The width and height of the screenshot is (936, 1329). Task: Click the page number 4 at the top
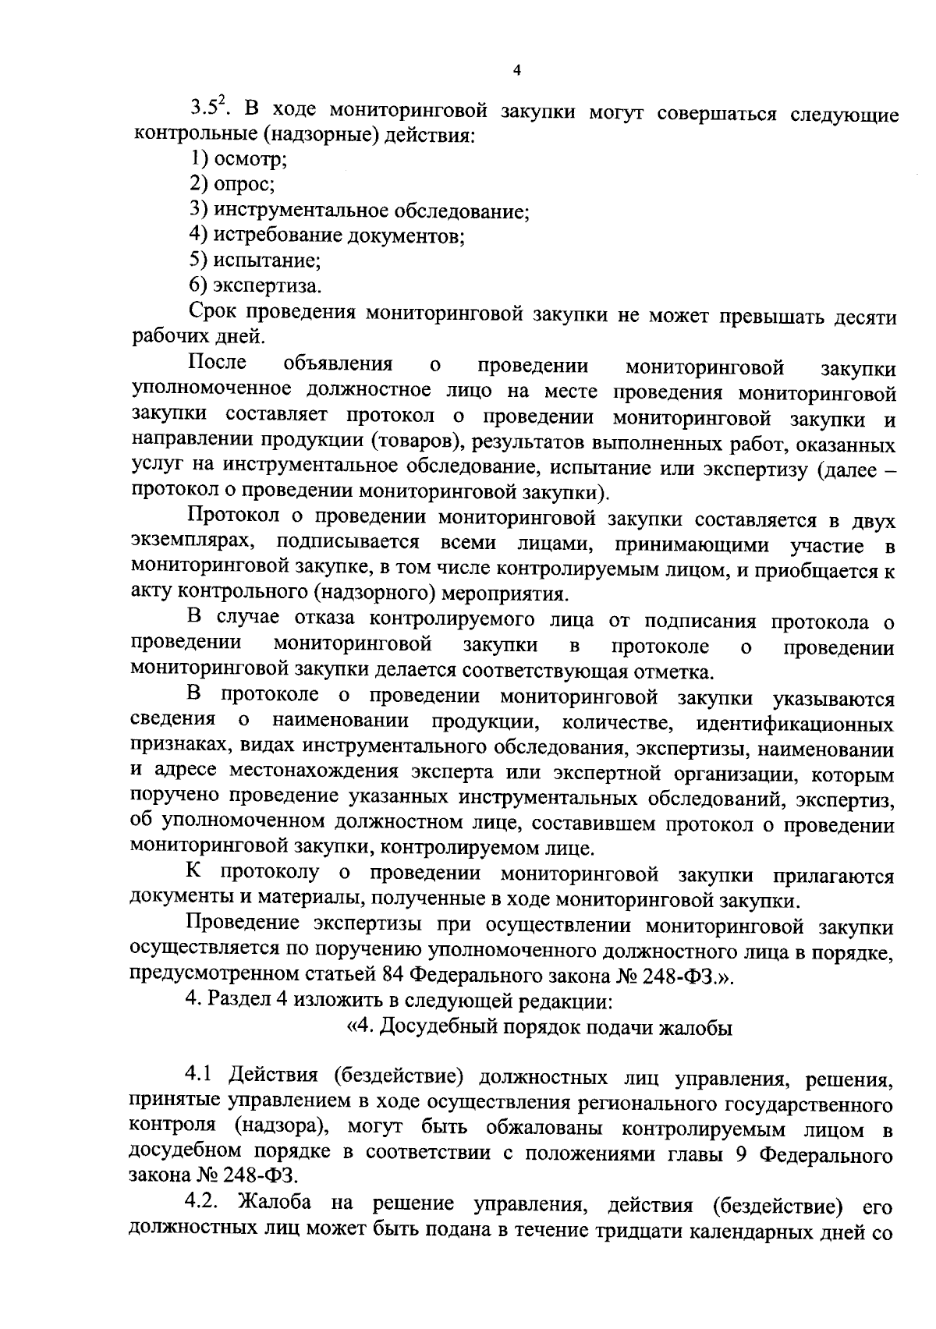point(516,71)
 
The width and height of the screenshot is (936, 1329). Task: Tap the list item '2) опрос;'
point(232,184)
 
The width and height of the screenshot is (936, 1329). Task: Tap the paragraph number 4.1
point(200,1077)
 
